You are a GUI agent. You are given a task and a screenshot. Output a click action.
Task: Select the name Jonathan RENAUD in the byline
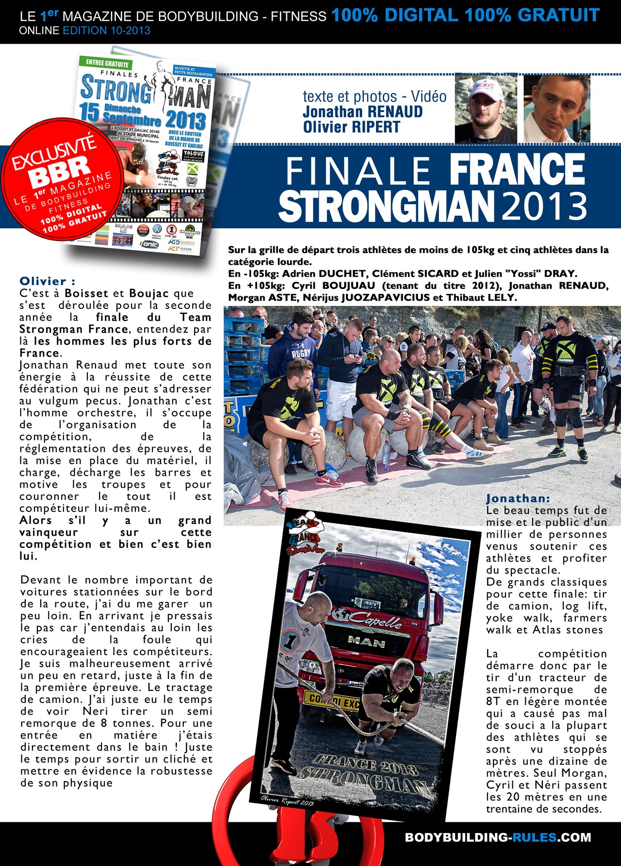click(x=362, y=112)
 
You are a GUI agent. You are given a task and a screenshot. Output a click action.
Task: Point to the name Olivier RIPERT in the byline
click(x=351, y=127)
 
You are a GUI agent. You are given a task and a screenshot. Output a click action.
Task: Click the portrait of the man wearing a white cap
click(x=485, y=108)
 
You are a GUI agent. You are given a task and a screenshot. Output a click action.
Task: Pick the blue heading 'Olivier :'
click(x=47, y=281)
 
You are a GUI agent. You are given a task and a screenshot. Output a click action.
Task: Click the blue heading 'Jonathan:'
click(x=518, y=498)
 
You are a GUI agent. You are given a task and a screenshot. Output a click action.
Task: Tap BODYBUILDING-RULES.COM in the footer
click(x=498, y=837)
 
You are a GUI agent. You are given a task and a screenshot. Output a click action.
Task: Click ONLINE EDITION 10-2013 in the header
click(x=84, y=31)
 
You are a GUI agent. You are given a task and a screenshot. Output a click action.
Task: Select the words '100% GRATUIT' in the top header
click(x=532, y=16)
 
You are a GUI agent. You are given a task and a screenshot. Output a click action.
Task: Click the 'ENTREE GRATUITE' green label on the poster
click(x=107, y=63)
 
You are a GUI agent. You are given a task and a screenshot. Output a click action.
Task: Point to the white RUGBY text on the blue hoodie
click(x=301, y=354)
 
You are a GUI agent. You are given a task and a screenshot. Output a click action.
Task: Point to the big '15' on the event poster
click(x=89, y=112)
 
